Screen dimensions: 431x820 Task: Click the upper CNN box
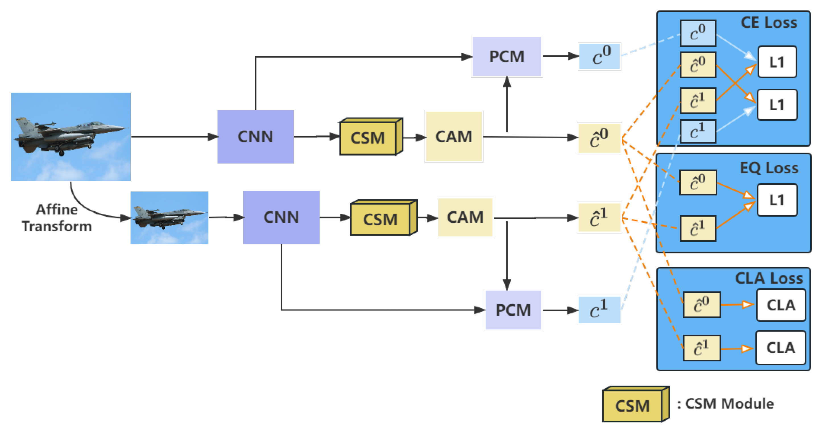pos(255,136)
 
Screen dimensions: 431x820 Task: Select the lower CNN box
pos(281,217)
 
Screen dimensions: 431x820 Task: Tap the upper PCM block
pos(507,57)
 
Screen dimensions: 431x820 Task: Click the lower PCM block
pos(513,310)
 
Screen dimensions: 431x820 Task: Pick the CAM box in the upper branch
pos(454,136)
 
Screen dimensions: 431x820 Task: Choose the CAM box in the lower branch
pos(465,217)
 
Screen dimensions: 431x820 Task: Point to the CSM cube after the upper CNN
pos(370,137)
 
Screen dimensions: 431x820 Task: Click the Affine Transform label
pos(57,218)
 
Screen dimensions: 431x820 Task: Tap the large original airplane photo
pos(71,136)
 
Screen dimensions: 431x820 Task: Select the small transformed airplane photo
pos(169,218)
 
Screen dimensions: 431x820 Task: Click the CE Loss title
pos(769,23)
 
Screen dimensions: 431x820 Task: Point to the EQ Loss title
pos(769,168)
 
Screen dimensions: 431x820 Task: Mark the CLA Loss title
pos(769,278)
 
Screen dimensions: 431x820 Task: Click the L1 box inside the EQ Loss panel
pos(777,200)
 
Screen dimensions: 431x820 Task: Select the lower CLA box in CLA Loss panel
pos(780,348)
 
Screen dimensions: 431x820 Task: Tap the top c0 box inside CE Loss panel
pos(698,33)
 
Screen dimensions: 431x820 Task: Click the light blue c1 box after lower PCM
pos(599,310)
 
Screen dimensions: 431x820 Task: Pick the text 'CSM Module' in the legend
pos(729,404)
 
